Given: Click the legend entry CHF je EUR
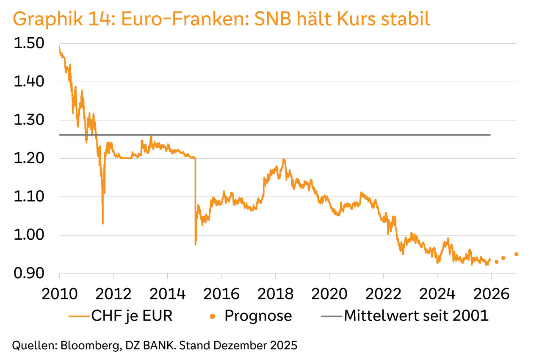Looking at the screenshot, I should [x=132, y=316].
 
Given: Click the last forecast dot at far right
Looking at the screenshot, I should [x=516, y=254].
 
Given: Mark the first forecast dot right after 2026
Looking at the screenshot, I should [x=496, y=262].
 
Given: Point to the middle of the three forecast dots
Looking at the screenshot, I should [x=503, y=258].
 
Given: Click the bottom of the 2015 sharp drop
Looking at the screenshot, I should [x=195, y=244].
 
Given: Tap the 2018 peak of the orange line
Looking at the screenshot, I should [x=284, y=160].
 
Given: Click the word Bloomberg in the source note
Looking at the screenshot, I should [x=84, y=345].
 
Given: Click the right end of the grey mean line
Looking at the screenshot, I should [x=490, y=135].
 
